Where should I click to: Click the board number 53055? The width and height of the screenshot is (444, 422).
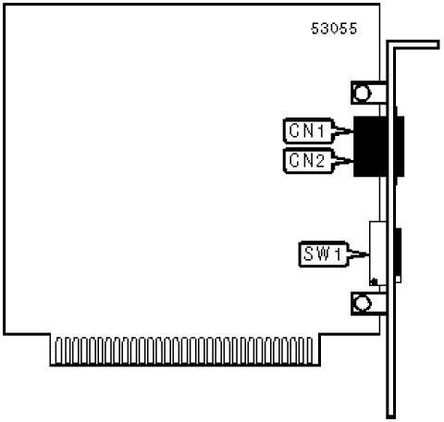(334, 29)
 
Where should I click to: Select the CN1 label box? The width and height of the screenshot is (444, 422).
(308, 130)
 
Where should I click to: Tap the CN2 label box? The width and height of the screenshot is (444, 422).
(308, 160)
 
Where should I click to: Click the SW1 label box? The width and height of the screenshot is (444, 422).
(324, 254)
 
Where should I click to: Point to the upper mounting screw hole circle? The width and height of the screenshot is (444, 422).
(362, 93)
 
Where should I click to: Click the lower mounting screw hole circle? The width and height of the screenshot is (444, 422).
(362, 304)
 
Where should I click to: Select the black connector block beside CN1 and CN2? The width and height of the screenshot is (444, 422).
(378, 146)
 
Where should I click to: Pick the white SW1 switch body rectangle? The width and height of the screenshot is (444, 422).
(378, 254)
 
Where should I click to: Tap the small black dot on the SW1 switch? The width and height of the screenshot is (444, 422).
(375, 281)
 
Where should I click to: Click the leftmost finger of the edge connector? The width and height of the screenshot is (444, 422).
(58, 351)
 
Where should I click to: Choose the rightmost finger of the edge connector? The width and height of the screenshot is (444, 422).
(309, 351)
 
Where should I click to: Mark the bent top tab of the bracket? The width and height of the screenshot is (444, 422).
(413, 44)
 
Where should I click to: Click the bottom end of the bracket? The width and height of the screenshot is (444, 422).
(391, 416)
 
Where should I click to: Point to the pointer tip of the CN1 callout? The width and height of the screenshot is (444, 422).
(352, 130)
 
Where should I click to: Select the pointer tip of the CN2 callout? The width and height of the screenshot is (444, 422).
(352, 160)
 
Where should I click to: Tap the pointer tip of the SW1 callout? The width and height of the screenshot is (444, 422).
(369, 254)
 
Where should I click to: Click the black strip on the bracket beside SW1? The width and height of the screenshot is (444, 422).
(399, 252)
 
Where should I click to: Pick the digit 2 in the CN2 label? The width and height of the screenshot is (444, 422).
(319, 160)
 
